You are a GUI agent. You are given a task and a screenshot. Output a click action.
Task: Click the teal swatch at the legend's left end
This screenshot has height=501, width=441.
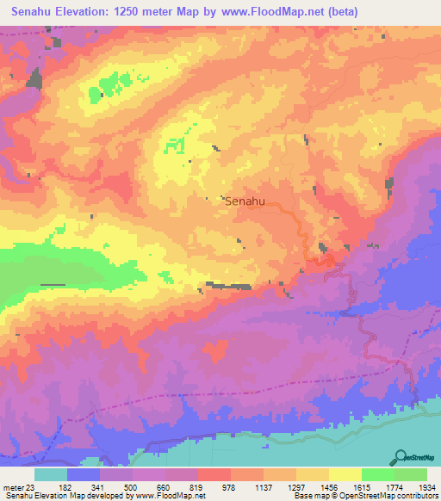pos(51,475)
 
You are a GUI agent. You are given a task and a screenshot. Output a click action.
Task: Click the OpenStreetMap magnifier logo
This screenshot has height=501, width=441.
pos(401,456)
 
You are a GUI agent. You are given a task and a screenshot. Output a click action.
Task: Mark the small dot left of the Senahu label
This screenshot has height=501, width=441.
pos(207,199)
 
